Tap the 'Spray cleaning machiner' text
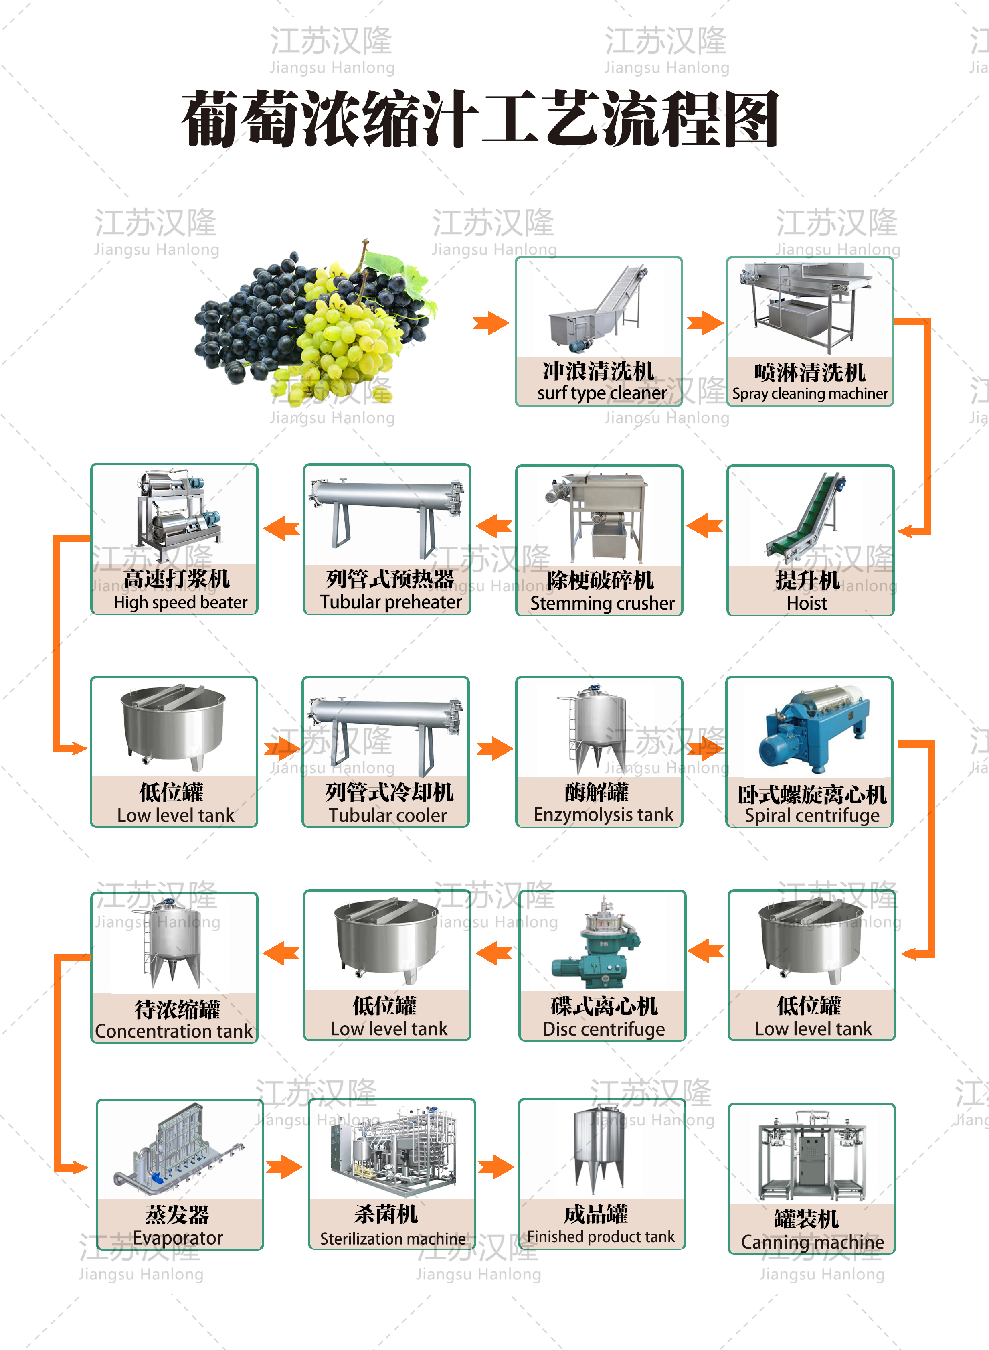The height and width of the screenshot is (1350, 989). point(810,393)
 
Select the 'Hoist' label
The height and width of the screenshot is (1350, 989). point(807,603)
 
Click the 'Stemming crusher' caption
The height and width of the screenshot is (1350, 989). point(602,603)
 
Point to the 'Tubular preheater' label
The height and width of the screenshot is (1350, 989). point(390,602)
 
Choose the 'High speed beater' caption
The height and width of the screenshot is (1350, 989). point(180,602)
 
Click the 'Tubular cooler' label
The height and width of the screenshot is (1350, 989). point(387,815)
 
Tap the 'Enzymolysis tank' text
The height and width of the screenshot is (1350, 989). point(603,815)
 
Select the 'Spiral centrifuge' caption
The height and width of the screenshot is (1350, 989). point(812,815)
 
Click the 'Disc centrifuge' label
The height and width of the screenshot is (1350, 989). point(603,1029)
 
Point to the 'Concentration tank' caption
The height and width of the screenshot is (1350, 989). point(174,1031)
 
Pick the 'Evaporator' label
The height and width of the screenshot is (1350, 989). point(178,1237)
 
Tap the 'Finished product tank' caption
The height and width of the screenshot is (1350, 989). point(601,1237)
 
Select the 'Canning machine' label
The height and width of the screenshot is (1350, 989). point(812,1242)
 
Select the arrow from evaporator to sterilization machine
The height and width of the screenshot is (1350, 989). point(284,1167)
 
